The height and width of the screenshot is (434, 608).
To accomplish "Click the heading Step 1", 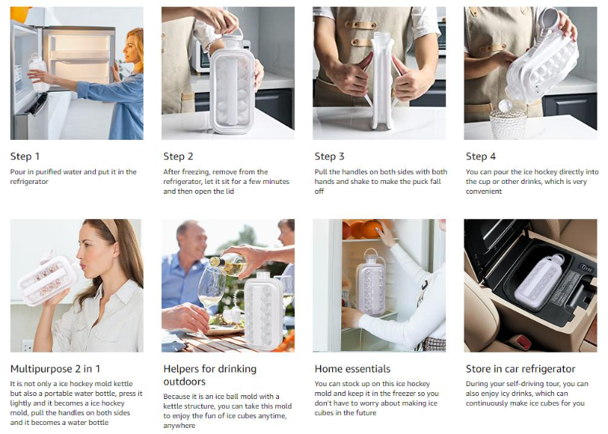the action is (x=25, y=157).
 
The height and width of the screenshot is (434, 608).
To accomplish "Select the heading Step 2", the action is (x=178, y=157).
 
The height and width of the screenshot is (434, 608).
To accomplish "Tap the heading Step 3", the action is (x=329, y=157).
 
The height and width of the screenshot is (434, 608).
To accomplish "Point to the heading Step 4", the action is (x=480, y=157).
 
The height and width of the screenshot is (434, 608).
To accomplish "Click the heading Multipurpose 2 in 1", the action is (x=55, y=369).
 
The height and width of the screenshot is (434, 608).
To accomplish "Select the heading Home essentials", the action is (x=353, y=369).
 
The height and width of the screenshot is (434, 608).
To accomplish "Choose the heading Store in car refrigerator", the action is (x=521, y=369).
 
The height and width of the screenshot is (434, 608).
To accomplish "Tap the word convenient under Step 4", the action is (x=483, y=192).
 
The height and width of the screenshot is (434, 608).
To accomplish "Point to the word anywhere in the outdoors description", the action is (x=179, y=426).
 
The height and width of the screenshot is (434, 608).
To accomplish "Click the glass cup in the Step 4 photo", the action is (x=508, y=122).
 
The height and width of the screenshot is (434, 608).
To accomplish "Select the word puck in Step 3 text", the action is (x=409, y=182).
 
